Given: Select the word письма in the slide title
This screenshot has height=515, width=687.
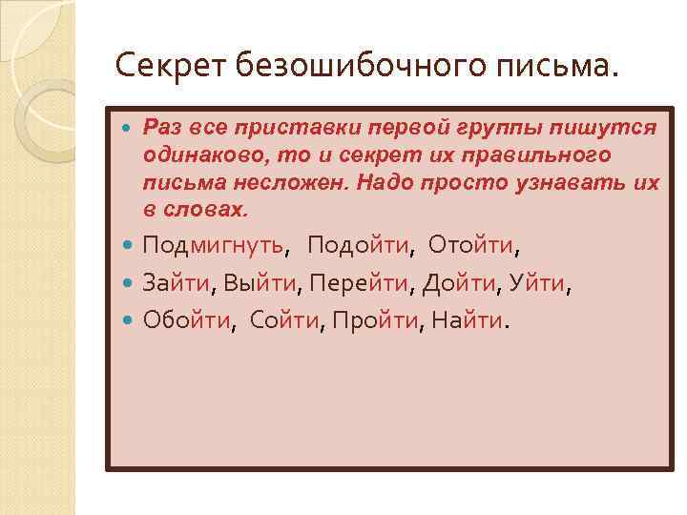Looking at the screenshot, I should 566,67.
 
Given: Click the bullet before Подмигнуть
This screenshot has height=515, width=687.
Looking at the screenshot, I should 129,248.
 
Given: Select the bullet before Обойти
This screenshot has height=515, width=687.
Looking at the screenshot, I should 129,321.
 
